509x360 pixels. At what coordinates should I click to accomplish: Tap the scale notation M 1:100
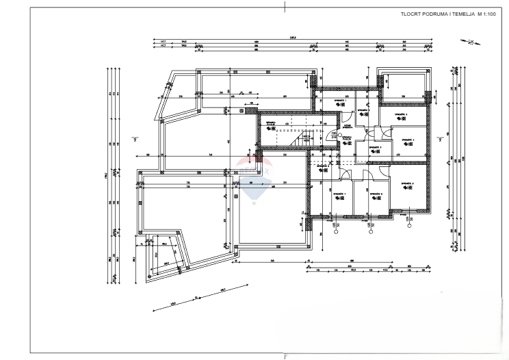(486, 14)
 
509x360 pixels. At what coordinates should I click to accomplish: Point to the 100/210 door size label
(333, 135)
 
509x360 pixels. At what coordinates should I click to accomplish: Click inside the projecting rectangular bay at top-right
(403, 84)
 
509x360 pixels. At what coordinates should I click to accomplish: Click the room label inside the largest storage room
(408, 185)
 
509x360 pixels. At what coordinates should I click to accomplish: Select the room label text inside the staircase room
(271, 123)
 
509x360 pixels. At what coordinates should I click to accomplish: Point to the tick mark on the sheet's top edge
(283, 5)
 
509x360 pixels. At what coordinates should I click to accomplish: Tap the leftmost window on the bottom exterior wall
(336, 216)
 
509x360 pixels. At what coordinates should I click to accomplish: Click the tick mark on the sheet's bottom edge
(285, 355)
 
